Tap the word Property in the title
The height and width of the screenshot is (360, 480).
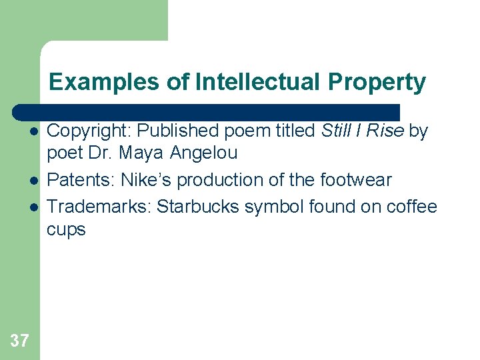point(377,82)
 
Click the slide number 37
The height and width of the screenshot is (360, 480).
point(20,341)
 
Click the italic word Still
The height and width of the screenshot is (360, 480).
point(336,131)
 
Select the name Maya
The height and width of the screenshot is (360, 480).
point(141,153)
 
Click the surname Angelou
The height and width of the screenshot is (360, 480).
point(203,153)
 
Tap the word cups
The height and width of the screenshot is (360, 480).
point(66,230)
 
